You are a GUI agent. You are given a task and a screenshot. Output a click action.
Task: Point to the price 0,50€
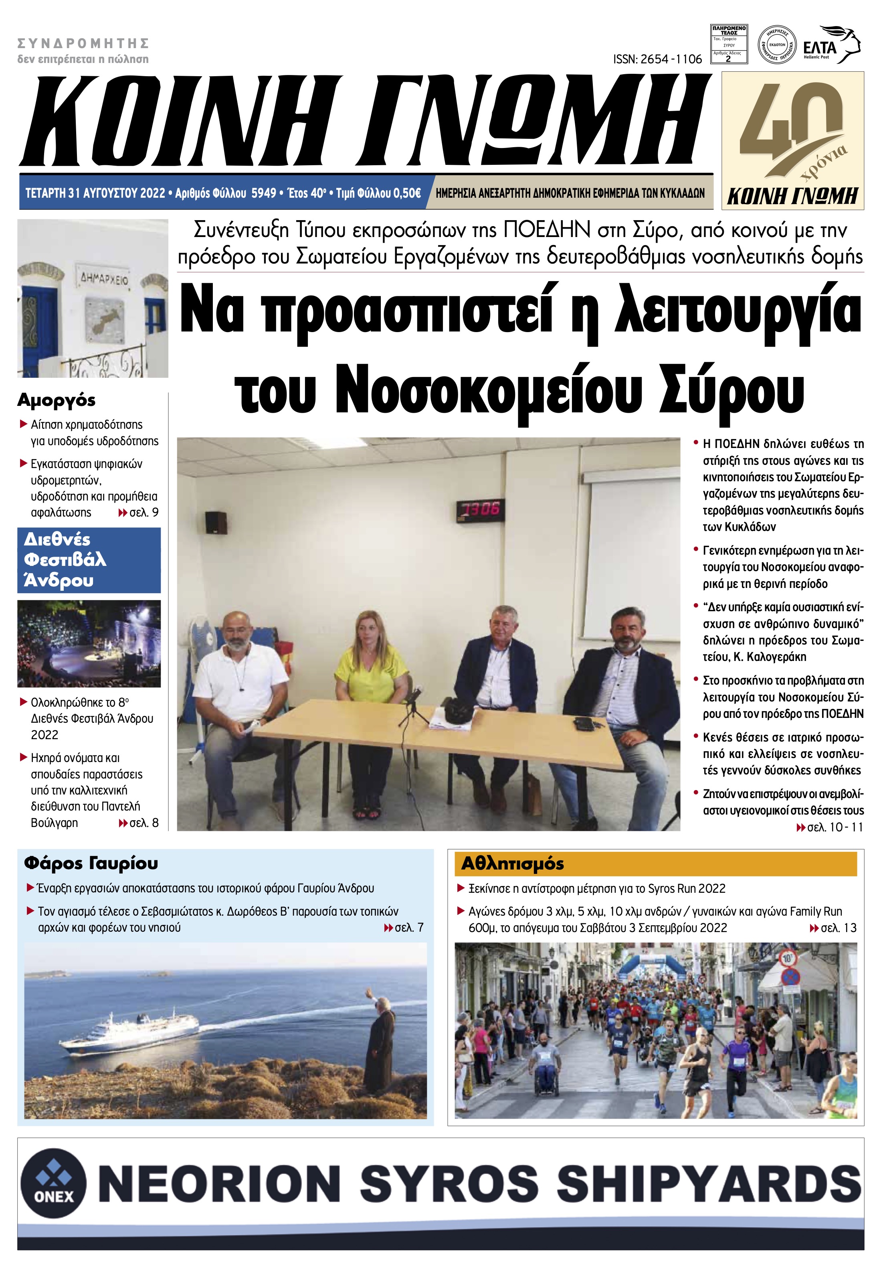406,193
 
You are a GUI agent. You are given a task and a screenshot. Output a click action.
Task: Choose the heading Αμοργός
57,400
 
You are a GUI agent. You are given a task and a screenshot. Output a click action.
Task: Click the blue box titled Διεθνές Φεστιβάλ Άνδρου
89,560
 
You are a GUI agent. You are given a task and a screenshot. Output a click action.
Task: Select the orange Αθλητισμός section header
655,864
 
